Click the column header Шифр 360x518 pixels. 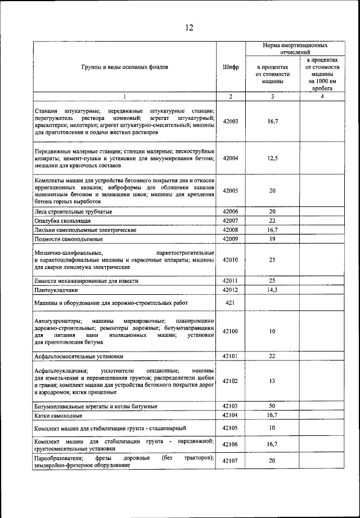[x=231, y=67]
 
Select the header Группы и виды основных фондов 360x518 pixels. [x=125, y=67]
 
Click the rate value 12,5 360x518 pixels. [x=272, y=159]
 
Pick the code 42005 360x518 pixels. [x=231, y=191]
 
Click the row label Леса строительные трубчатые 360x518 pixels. [x=73, y=211]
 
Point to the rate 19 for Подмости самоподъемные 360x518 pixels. [x=272, y=238]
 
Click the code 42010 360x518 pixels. [x=231, y=260]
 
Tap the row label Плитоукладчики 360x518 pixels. [x=56, y=290]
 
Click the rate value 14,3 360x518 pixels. [x=272, y=290]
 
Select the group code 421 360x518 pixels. [x=231, y=303]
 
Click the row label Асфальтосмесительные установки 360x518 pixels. [x=79, y=356]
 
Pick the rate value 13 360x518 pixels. [x=272, y=381]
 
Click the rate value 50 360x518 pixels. [x=272, y=406]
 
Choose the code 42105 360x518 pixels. [x=231, y=428]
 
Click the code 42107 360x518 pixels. [x=231, y=461]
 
